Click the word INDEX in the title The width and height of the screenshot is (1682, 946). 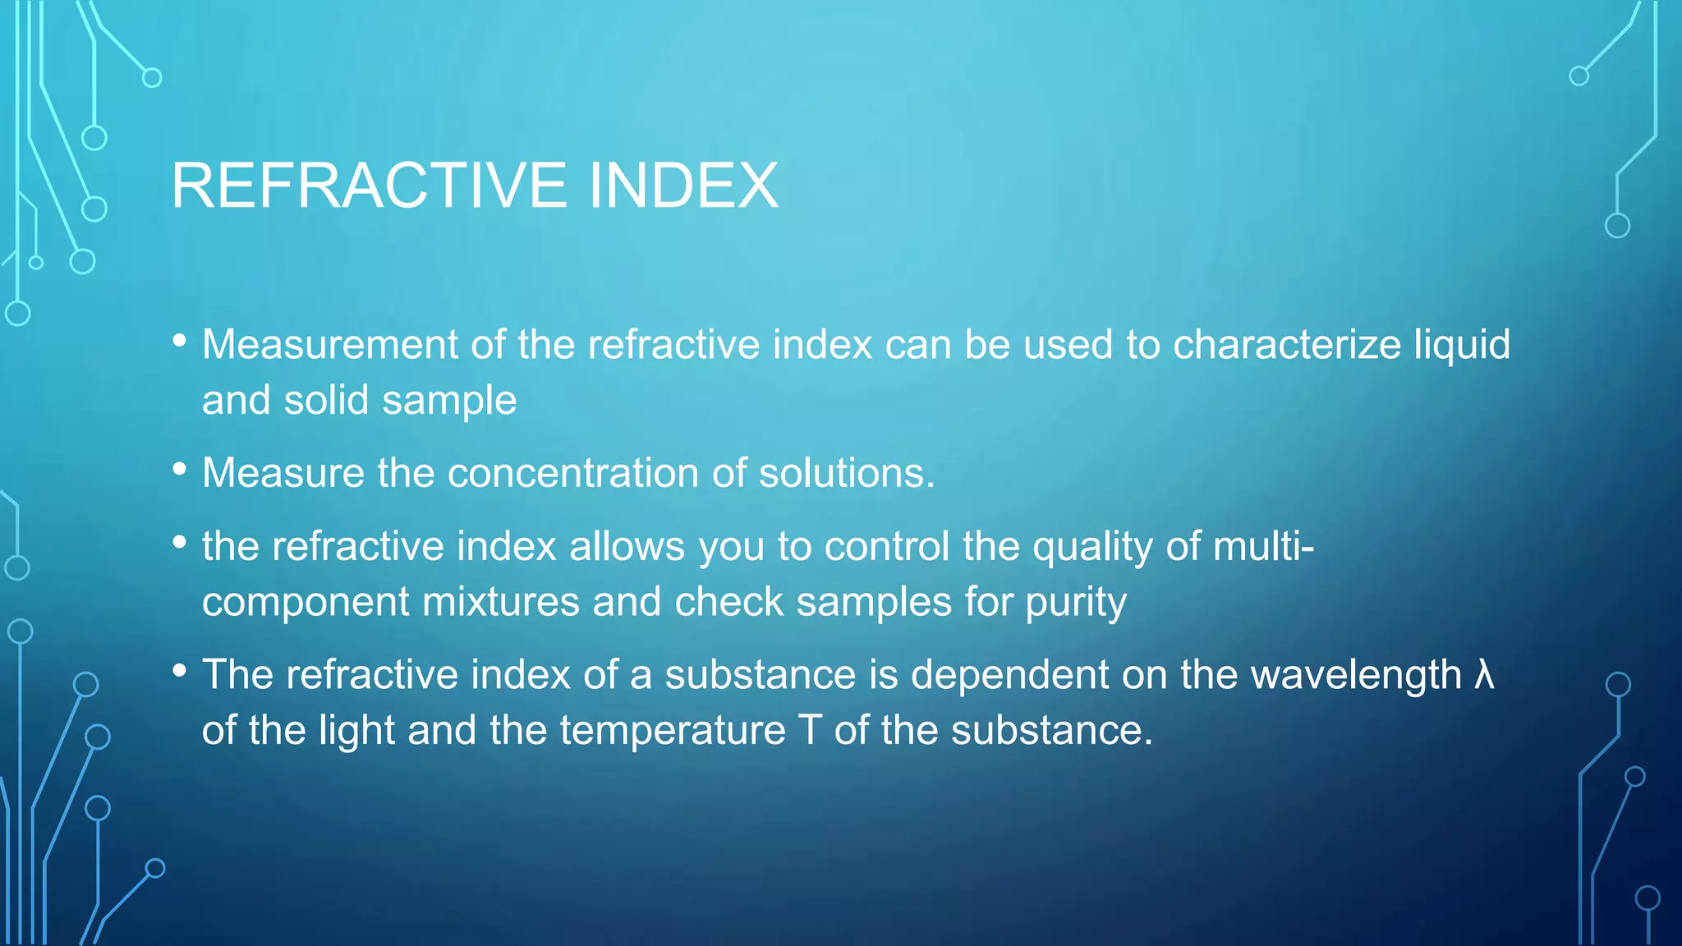point(683,186)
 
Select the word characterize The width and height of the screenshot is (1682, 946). point(1286,344)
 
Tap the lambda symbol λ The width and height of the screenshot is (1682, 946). point(1484,675)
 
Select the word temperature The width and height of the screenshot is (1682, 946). point(673,731)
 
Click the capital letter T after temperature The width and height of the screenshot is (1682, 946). point(810,730)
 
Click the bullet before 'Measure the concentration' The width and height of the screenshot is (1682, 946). point(180,470)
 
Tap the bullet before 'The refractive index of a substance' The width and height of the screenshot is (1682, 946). point(180,671)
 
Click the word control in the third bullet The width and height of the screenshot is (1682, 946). point(887,546)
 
